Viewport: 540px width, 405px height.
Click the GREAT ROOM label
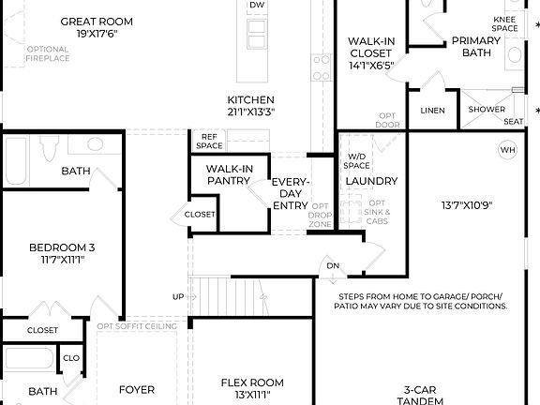pyautogui.click(x=97, y=21)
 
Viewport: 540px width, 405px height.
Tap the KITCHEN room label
pyautogui.click(x=250, y=100)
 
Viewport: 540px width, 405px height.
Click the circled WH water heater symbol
pyautogui.click(x=507, y=149)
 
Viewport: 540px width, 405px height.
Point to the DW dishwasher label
pyautogui.click(x=256, y=6)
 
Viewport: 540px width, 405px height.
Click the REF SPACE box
pyautogui.click(x=210, y=141)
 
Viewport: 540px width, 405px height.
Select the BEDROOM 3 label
pyautogui.click(x=62, y=248)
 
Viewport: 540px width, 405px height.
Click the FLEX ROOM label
pyautogui.click(x=251, y=382)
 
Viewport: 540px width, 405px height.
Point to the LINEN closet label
pyautogui.click(x=432, y=110)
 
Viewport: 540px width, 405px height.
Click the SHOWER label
pyautogui.click(x=487, y=110)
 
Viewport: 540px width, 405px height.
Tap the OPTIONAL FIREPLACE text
pyautogui.click(x=47, y=55)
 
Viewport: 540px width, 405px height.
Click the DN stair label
pyautogui.click(x=332, y=265)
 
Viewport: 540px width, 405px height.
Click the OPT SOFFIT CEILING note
pyautogui.click(x=137, y=325)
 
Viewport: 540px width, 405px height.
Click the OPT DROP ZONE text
pyautogui.click(x=321, y=215)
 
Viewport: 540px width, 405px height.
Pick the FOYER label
pyautogui.click(x=136, y=390)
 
